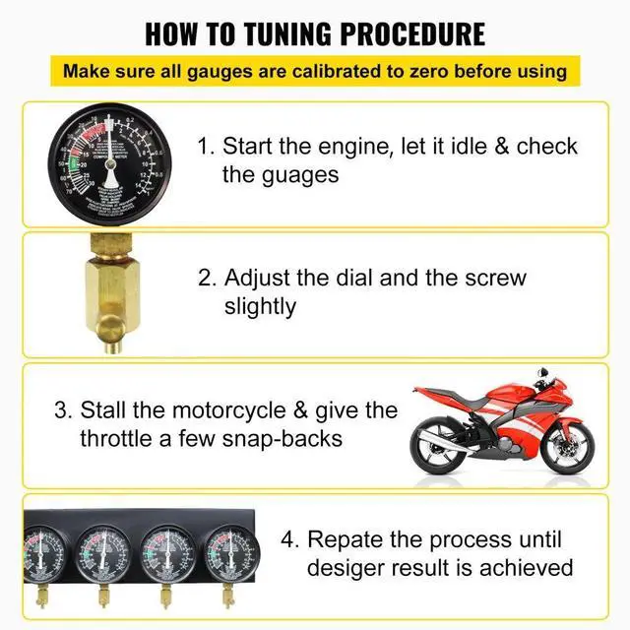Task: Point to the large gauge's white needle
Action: click(110, 162)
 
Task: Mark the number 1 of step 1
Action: click(204, 148)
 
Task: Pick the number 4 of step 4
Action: click(286, 539)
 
